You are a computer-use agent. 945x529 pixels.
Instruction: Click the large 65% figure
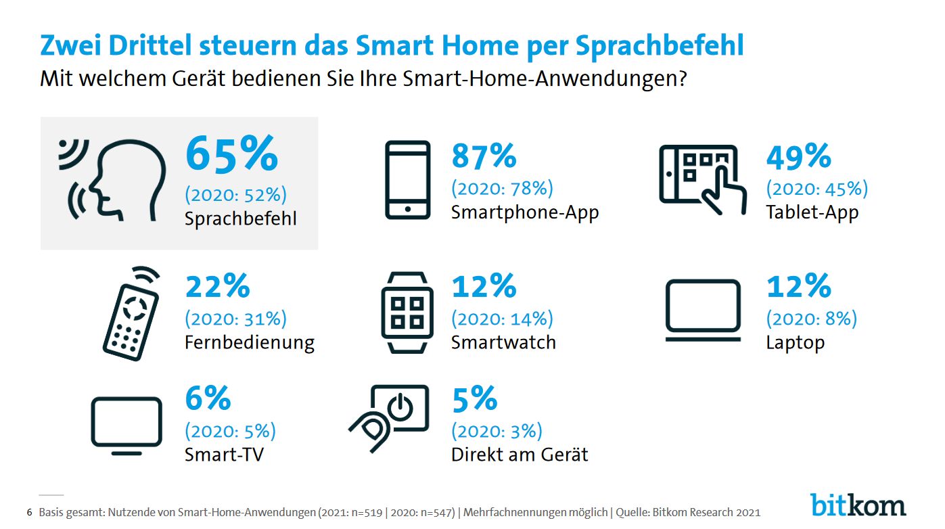pyautogui.click(x=231, y=155)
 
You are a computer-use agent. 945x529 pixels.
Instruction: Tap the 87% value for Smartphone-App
pyautogui.click(x=484, y=157)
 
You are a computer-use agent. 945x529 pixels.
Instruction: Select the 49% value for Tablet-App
pyautogui.click(x=798, y=157)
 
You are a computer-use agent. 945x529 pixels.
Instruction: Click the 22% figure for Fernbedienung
pyautogui.click(x=217, y=286)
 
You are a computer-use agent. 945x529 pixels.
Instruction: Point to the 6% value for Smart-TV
pyautogui.click(x=208, y=399)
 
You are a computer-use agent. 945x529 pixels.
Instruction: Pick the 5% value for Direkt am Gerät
pyautogui.click(x=474, y=399)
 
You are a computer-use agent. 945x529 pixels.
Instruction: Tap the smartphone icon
pyautogui.click(x=407, y=179)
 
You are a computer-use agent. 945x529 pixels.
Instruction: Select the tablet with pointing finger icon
pyautogui.click(x=702, y=179)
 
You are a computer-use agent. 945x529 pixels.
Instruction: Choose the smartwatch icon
pyautogui.click(x=407, y=312)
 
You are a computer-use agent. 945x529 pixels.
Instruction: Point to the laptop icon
pyautogui.click(x=703, y=310)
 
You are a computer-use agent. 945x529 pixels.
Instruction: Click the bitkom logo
pyautogui.click(x=858, y=505)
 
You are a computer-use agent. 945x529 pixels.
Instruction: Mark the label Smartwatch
pyautogui.click(x=503, y=342)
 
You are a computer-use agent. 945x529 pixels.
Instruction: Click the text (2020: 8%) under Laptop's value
pyautogui.click(x=811, y=319)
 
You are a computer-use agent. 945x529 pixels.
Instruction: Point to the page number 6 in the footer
pyautogui.click(x=28, y=512)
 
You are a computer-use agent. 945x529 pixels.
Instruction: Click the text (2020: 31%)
pyautogui.click(x=235, y=319)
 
